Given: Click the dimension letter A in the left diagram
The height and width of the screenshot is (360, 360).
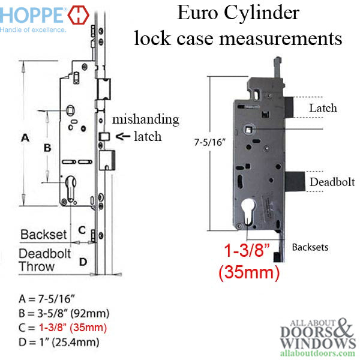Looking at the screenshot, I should click(25, 138).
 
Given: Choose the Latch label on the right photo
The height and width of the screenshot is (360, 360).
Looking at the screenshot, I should click(322, 108).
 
